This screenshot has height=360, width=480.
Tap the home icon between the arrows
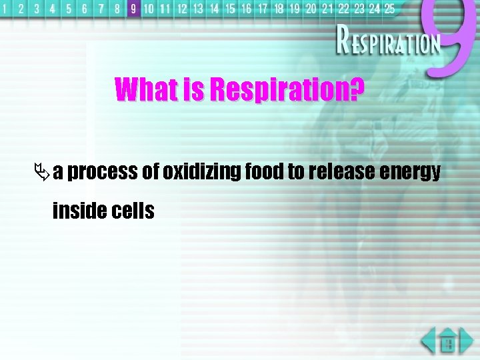coord(448,343)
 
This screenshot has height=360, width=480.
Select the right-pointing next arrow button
coord(467,341)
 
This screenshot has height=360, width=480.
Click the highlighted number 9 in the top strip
coord(133,9)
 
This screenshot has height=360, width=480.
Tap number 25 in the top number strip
coord(389,9)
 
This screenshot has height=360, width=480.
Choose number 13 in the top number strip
coord(198,9)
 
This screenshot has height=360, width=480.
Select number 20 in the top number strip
coord(311,9)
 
